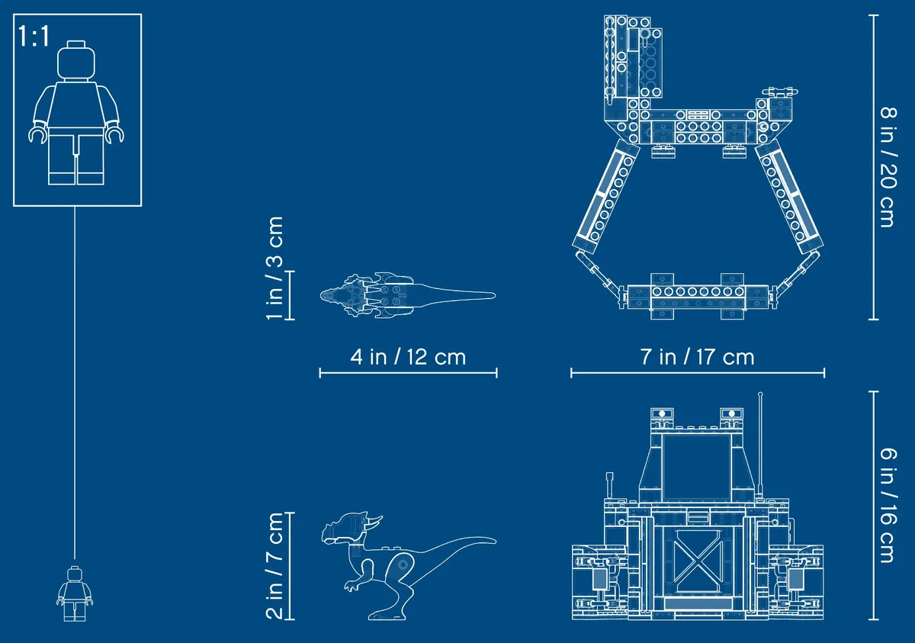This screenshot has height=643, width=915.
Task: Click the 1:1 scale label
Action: [x=34, y=36]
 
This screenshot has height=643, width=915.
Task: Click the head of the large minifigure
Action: [x=76, y=60]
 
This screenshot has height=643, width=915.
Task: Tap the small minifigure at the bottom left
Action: [x=75, y=593]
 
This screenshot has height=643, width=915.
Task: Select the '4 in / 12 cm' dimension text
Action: [x=408, y=357]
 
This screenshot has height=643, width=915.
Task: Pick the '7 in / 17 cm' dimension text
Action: [x=697, y=357]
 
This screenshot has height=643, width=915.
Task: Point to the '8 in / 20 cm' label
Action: [x=889, y=167]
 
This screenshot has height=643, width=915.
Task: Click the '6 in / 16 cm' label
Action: [x=889, y=506]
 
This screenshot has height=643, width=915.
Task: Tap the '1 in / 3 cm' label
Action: [x=274, y=268]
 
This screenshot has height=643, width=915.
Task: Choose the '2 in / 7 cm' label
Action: [x=274, y=566]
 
